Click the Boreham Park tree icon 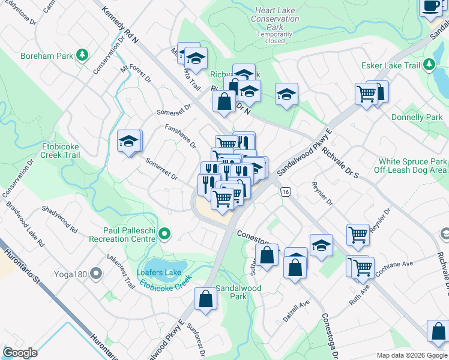pyautogui.click(x=82, y=56)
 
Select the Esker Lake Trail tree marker pyautogui.click(x=429, y=65)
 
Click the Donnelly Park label pyautogui.click(x=416, y=118)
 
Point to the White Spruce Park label pyautogui.click(x=412, y=162)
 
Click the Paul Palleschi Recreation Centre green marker pyautogui.click(x=163, y=235)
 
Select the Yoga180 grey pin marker pyautogui.click(x=95, y=275)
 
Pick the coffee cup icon pyautogui.click(x=430, y=6)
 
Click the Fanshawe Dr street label pyautogui.click(x=181, y=136)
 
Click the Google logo pyautogui.click(x=20, y=353)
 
